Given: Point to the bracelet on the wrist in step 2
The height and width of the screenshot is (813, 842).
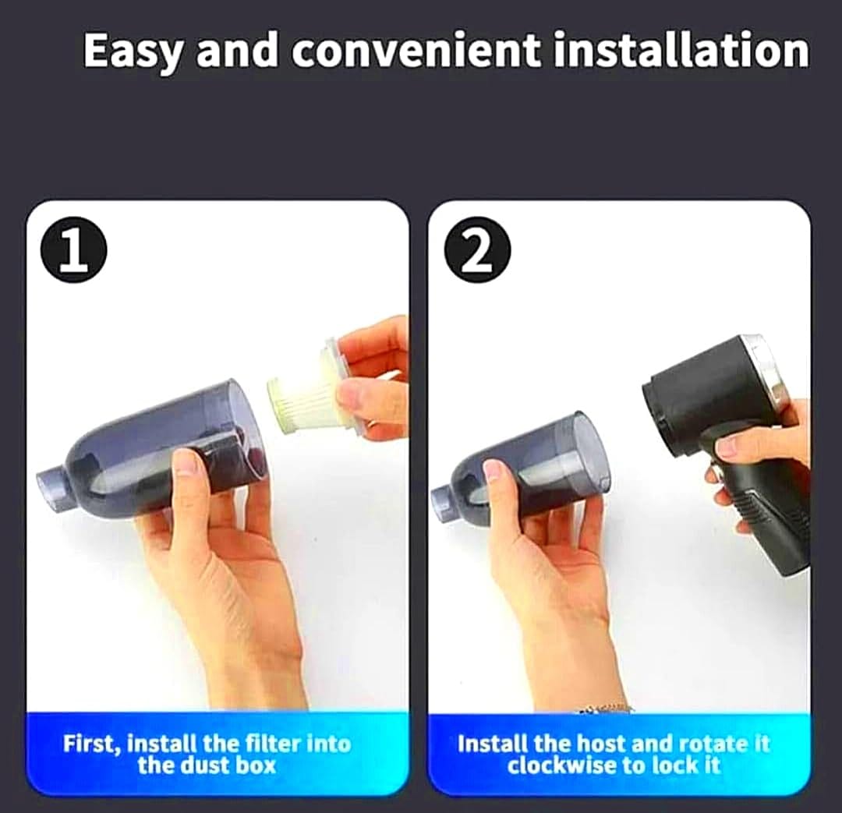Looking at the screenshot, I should [604, 708].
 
